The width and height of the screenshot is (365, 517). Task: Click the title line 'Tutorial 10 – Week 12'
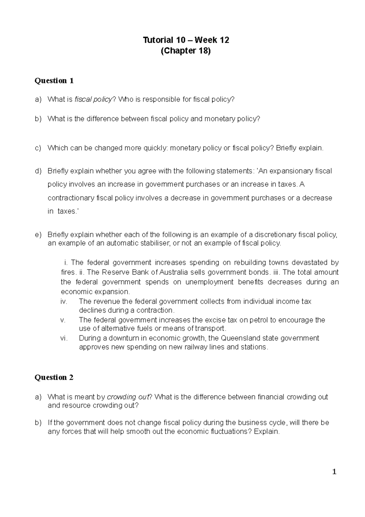coord(186,40)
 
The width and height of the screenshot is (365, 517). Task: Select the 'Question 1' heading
coord(54,81)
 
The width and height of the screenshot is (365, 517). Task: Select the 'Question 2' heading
coord(54,378)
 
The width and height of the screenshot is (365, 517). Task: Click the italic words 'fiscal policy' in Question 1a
coord(93,100)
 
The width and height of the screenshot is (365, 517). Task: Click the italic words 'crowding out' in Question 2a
coord(127,397)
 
